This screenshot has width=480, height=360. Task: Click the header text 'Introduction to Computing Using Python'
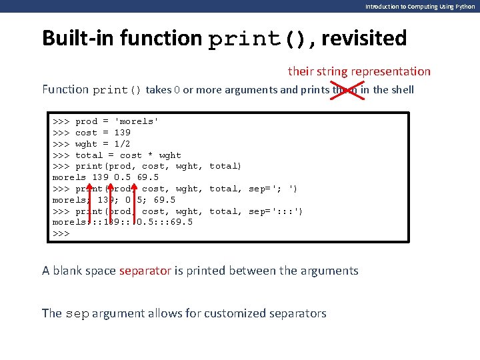420,6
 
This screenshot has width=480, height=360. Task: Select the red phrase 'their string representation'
359,71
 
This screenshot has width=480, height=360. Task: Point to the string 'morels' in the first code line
137,121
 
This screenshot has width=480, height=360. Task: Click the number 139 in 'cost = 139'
123,133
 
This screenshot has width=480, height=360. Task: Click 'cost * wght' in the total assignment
151,155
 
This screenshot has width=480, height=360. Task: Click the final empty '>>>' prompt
61,233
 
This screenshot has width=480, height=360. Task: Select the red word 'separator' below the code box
145,271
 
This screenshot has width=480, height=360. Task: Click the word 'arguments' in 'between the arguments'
329,271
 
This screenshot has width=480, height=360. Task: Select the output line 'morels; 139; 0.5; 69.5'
114,200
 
